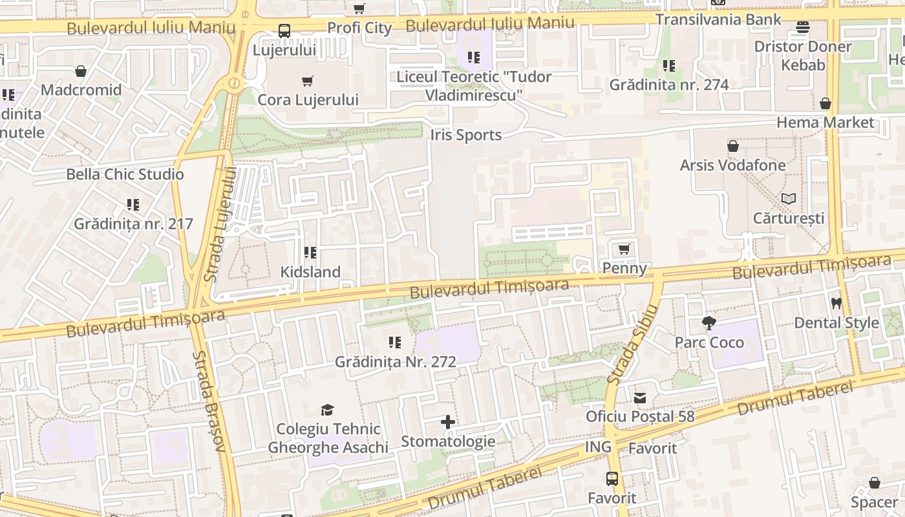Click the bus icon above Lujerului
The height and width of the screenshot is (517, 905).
pos(284,30)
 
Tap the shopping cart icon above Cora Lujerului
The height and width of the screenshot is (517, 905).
pos(308,81)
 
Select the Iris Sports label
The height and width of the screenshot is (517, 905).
pos(465,135)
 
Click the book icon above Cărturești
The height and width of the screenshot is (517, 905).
pos(788,198)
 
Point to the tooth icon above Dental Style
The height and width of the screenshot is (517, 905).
pos(836,303)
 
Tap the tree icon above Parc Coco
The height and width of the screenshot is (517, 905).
pos(709,322)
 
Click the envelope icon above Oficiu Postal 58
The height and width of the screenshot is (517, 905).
pos(640,397)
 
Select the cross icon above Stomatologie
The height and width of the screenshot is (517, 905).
pos(447,422)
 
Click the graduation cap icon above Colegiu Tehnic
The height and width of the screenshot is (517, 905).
pos(327,410)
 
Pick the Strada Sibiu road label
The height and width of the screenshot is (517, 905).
pos(632,344)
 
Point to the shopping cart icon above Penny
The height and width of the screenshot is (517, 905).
pos(624,249)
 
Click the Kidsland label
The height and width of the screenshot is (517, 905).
pos(310,272)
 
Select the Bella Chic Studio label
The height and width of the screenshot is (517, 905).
pos(125,174)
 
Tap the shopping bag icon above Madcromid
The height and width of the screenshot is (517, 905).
pos(81,70)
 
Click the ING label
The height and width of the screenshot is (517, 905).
pos(598,447)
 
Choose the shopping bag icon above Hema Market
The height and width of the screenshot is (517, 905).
pos(825,103)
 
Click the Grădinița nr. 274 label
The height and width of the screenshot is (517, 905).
pos(669,85)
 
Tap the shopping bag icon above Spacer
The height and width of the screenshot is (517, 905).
pos(874,483)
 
